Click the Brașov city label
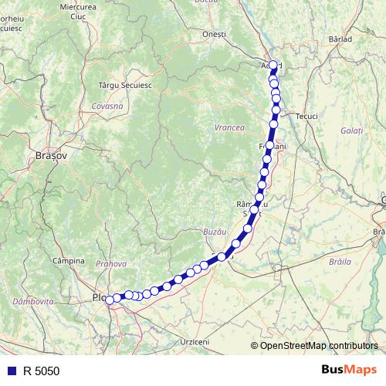52,155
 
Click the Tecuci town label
306,116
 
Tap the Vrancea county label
229,127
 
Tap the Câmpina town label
68,261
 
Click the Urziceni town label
195,340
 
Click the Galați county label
350,131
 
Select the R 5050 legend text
40,371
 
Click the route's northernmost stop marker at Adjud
273,65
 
